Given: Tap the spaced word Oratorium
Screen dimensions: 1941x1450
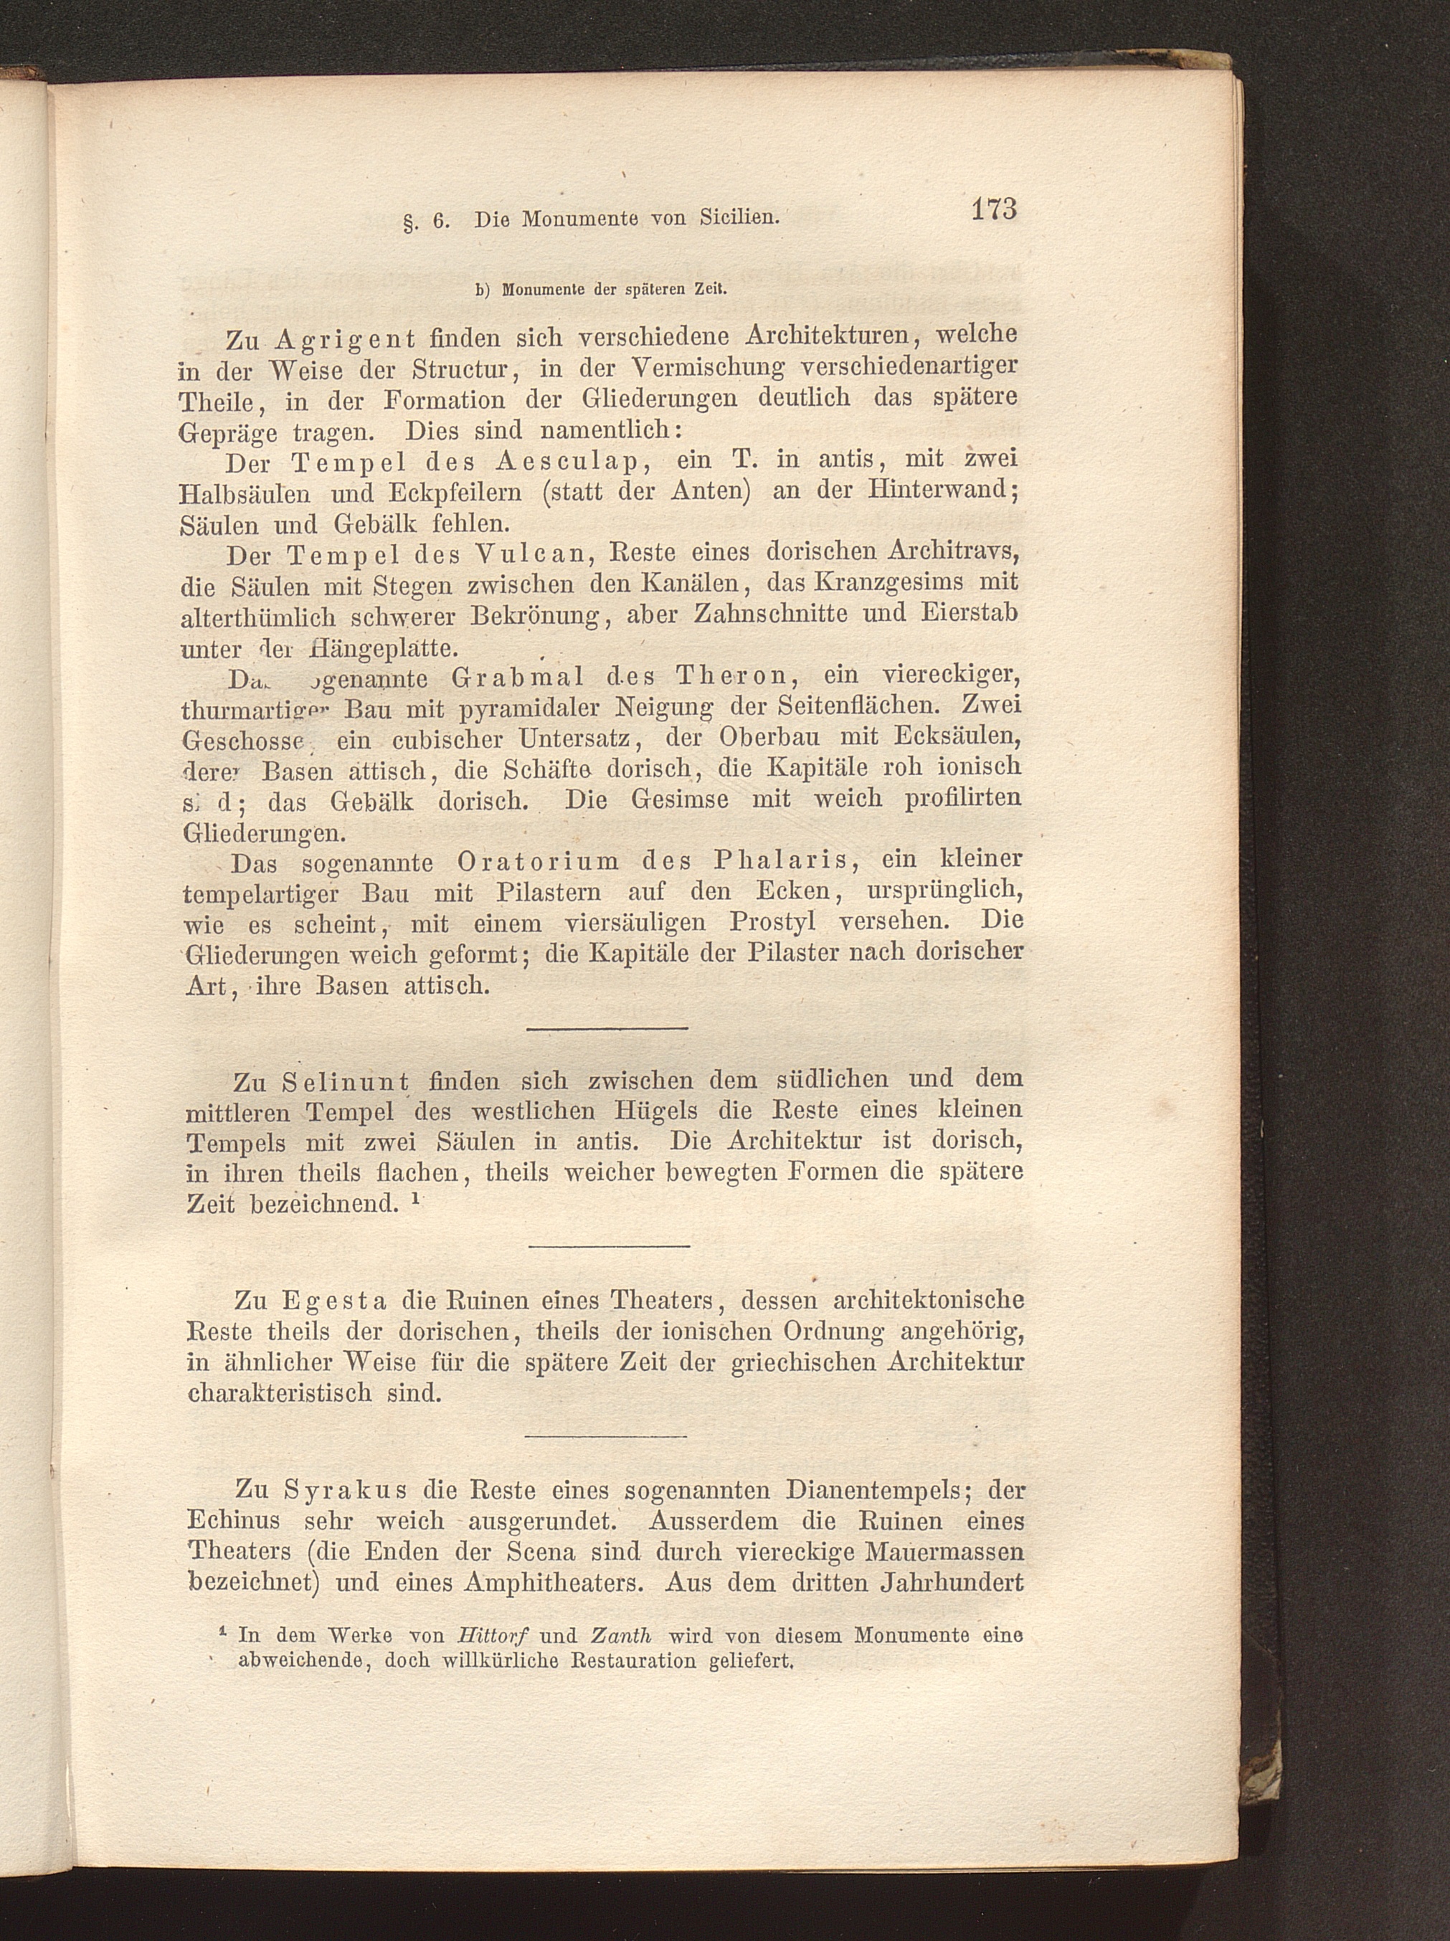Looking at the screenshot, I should tap(538, 862).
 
